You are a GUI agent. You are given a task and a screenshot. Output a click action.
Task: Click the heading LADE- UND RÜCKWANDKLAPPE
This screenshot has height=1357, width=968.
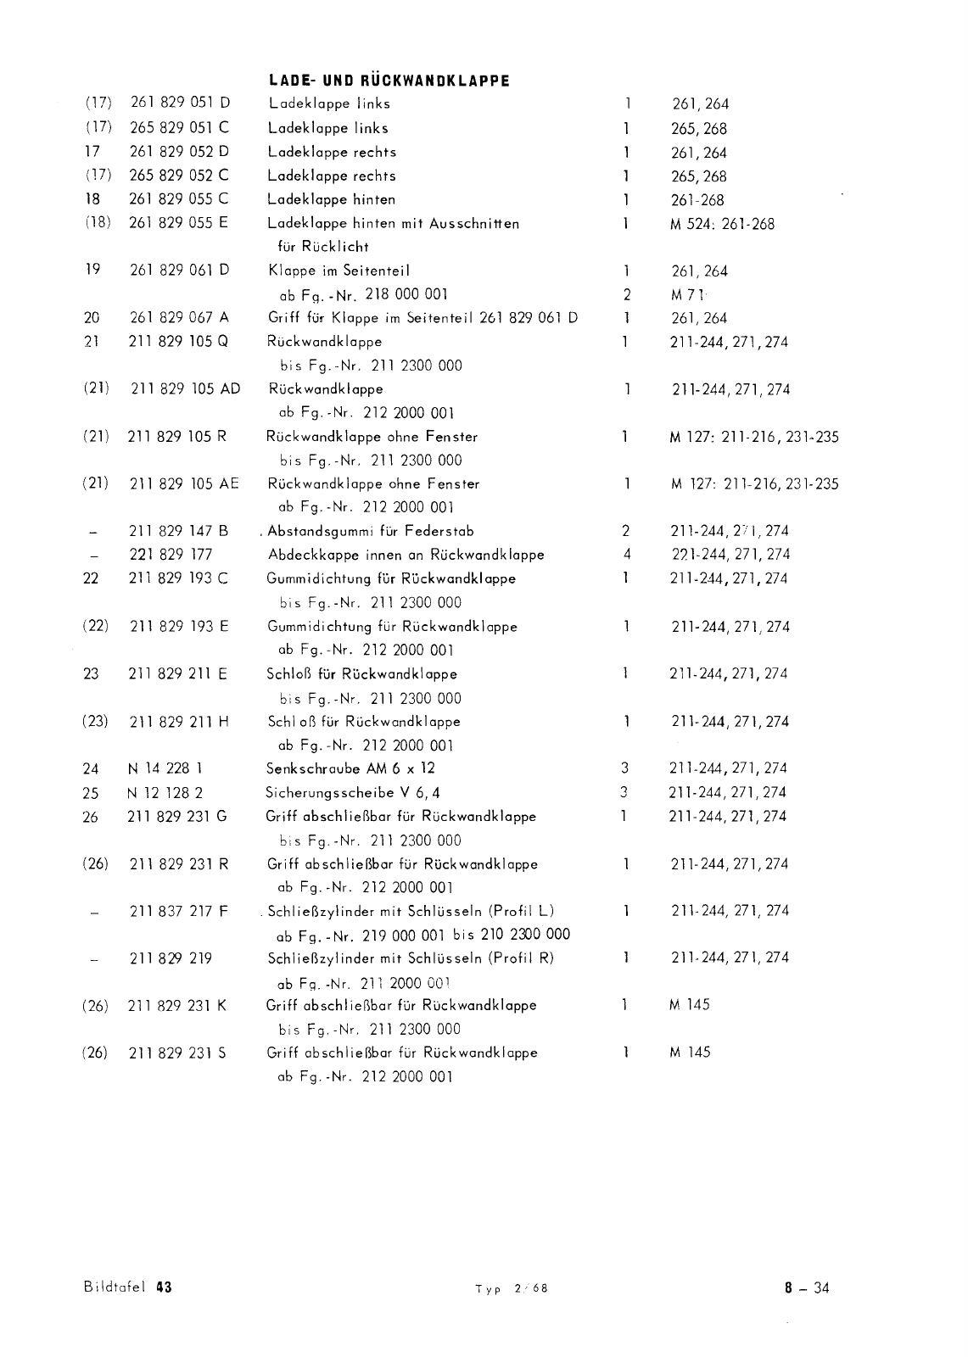[389, 81]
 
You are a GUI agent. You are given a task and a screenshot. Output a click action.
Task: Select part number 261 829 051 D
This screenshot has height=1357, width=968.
[180, 103]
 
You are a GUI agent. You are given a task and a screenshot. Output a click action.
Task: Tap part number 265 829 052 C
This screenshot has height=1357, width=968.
[179, 176]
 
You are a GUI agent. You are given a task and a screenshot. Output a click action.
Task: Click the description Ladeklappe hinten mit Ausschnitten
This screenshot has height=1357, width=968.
[393, 223]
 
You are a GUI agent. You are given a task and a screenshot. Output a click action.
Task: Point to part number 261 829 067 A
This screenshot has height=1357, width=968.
[179, 318]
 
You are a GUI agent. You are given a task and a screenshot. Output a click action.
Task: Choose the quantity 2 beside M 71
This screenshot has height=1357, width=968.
[626, 295]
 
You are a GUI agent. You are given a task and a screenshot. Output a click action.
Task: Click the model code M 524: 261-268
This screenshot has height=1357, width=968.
[721, 224]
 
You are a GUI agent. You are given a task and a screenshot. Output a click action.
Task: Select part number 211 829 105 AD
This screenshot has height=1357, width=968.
[185, 389]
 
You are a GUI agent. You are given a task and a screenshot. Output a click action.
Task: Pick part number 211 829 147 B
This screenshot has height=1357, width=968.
[178, 532]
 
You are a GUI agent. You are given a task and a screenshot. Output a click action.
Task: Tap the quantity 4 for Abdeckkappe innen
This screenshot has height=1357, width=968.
[626, 555]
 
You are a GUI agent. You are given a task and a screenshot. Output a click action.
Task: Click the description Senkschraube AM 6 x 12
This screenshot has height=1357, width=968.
[350, 768]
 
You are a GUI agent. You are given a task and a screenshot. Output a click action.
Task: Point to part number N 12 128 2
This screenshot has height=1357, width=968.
[165, 793]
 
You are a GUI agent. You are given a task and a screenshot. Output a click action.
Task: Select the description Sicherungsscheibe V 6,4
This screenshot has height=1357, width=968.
[353, 793]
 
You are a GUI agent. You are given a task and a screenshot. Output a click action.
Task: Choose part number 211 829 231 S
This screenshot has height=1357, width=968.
[177, 1053]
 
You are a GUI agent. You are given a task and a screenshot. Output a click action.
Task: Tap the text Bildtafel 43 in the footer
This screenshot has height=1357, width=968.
[128, 1287]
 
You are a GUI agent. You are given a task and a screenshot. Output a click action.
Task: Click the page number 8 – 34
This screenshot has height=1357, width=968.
[807, 1288]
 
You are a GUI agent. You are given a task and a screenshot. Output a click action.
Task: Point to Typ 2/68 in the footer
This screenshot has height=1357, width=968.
[512, 1288]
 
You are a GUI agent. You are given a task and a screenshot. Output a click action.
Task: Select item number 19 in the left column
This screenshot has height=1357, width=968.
[92, 270]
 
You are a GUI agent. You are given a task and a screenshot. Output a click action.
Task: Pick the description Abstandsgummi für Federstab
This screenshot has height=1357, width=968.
[370, 532]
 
